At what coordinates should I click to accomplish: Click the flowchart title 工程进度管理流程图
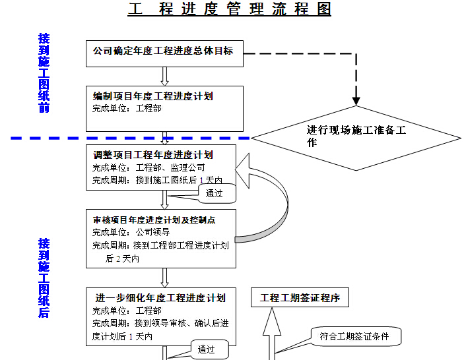[x=229, y=9]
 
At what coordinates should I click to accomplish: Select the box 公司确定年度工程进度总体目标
[x=164, y=54]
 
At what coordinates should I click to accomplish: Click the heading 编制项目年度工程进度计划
[x=152, y=96]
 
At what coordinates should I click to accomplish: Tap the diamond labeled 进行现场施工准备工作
[x=356, y=138]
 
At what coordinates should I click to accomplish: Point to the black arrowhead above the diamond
[x=356, y=101]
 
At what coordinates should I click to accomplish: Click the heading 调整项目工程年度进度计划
[x=152, y=155]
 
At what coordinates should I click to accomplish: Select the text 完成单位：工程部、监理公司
[x=149, y=167]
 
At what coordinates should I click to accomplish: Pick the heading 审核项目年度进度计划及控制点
[x=154, y=220]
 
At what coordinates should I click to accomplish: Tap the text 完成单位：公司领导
[x=131, y=232]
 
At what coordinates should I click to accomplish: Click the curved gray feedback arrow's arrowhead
[x=243, y=171]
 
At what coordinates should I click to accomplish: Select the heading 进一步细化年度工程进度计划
[x=160, y=298]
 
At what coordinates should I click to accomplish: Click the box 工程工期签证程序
[x=300, y=297]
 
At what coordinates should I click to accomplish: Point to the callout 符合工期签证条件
[x=356, y=336]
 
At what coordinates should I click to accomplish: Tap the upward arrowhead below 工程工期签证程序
[x=272, y=322]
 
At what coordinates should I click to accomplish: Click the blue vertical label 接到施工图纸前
[x=44, y=73]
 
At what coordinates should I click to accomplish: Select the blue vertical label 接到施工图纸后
[x=44, y=278]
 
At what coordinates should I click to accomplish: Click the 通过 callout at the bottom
[x=209, y=349]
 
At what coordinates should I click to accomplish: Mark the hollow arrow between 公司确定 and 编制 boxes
[x=164, y=76]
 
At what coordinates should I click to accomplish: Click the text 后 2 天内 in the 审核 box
[x=122, y=259]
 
